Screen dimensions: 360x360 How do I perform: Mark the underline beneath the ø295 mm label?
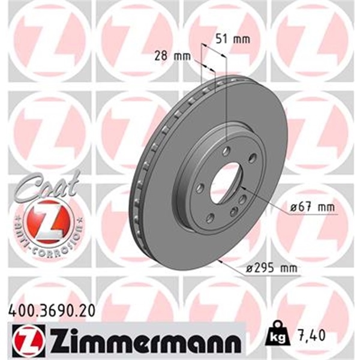tap(272, 277)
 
